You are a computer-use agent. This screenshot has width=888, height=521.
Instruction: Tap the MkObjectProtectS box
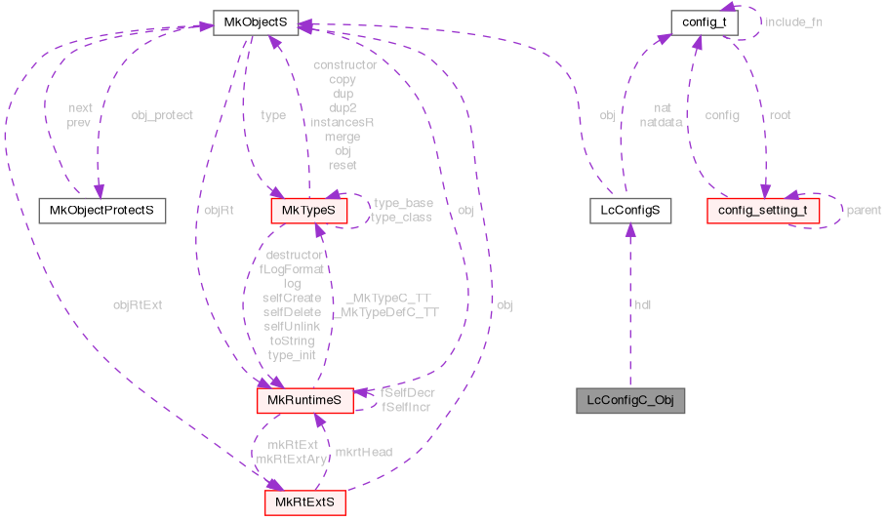coord(101,209)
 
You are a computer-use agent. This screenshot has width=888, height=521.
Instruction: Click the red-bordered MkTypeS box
coord(308,209)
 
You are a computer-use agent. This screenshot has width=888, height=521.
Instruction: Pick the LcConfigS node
coord(630,209)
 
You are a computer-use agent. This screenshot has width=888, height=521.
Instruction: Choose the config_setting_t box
coord(761,209)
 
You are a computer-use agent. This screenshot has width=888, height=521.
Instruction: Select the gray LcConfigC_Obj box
coord(629,400)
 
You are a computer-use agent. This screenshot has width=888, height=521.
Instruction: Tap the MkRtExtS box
coord(304,501)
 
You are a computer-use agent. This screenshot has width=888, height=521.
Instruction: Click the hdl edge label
coord(643,304)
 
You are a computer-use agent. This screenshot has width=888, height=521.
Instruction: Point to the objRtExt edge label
coord(137,304)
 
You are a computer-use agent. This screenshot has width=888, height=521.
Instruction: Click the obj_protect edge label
coord(162,115)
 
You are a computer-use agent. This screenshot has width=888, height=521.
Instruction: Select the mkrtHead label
coord(363,452)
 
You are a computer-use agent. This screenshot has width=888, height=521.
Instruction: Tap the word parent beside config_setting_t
coord(864,210)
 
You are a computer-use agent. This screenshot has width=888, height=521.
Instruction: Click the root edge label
coord(780,115)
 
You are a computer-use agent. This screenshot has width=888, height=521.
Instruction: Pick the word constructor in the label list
coord(344,65)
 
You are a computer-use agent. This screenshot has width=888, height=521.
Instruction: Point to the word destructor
coord(293,255)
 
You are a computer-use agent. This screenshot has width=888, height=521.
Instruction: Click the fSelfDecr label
coord(408,391)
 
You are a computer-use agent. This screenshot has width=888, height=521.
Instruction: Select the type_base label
coord(403,203)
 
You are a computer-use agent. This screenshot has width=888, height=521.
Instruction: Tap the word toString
coord(292,341)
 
